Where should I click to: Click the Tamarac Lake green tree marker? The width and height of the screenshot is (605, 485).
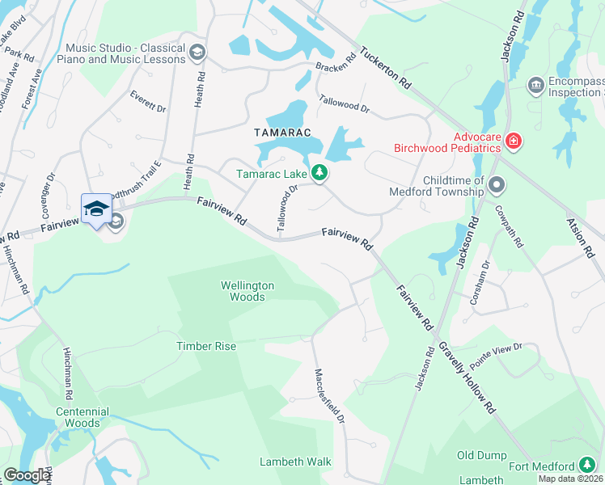pos(319,172)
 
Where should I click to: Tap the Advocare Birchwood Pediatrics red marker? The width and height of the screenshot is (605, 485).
pos(513,141)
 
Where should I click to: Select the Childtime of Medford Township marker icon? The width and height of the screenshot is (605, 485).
pos(497,186)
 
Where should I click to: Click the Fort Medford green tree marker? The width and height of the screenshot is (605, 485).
pos(588,466)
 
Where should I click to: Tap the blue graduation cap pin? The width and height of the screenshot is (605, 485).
pos(97,209)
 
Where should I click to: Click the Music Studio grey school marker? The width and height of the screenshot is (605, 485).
pos(197,54)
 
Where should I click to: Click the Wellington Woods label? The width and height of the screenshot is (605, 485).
pos(247,291)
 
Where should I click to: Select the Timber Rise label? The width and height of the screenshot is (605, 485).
pos(206,346)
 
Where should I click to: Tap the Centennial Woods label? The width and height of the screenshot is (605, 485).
pos(78,417)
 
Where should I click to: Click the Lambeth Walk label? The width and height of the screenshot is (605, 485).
pos(295,462)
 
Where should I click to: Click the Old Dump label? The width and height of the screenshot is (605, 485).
pos(481,456)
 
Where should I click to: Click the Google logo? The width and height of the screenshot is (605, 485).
pos(27,475)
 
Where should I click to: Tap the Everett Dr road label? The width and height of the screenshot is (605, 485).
pos(147,101)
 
